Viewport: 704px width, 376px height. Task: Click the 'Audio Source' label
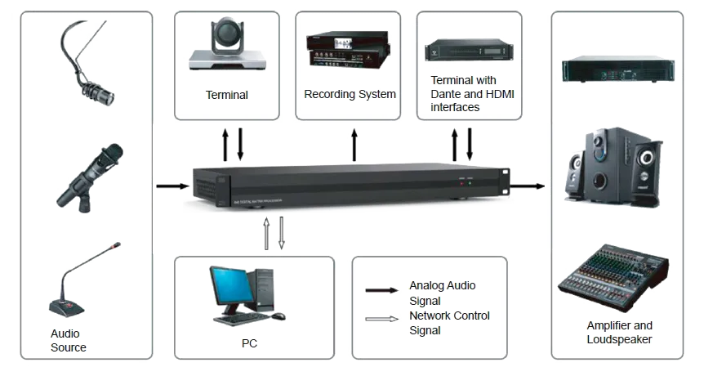point(69,340)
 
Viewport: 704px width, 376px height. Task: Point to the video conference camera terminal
point(228,47)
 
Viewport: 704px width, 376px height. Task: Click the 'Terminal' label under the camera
point(227,95)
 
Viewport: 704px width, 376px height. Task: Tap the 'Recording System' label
point(350,94)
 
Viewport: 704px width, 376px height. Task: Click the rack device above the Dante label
point(467,51)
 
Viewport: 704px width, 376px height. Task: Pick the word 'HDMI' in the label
point(499,95)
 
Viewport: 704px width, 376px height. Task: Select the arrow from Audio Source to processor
point(172,186)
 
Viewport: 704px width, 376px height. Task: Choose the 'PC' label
point(250,344)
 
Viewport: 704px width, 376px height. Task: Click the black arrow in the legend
point(381,289)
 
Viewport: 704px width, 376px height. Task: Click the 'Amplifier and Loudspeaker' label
point(619,332)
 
